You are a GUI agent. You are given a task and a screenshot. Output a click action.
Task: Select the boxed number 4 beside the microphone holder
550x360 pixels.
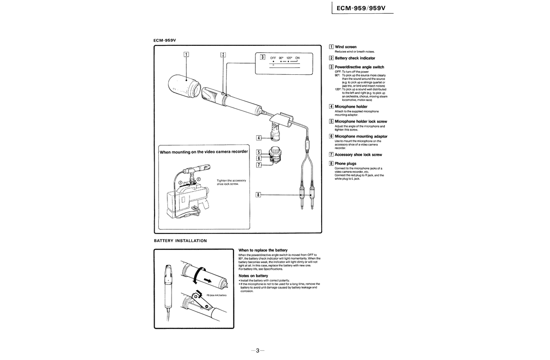pos(259,138)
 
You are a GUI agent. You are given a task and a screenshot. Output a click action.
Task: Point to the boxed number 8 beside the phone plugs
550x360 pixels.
pos(259,194)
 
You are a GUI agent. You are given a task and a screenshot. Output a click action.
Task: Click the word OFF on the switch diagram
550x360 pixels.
pos(272,57)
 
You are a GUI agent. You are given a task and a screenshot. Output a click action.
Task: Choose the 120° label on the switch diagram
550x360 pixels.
pos(289,57)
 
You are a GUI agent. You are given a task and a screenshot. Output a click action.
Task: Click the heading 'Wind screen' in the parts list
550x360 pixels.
pos(345,47)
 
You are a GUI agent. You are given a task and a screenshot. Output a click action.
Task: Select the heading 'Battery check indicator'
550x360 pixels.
pos(355,58)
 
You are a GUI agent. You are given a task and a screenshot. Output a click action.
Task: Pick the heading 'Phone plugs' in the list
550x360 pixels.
pos(345,163)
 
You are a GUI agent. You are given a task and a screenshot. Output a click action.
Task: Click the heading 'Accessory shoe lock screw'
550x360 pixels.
pos(358,155)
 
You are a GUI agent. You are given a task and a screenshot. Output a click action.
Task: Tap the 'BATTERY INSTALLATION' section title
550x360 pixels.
pos(180,240)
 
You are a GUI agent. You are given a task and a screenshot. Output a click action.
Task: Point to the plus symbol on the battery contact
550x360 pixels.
pos(196,297)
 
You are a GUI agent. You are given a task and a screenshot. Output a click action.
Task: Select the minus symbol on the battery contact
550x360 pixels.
pos(206,306)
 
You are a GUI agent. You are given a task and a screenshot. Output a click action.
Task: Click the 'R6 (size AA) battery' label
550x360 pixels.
pos(217,295)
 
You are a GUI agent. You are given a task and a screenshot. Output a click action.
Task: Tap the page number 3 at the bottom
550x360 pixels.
pos(258,351)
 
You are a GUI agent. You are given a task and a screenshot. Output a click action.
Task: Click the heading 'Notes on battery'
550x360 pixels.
pos(253,276)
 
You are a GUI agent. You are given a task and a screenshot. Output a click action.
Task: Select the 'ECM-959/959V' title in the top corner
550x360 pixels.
pos(362,8)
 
